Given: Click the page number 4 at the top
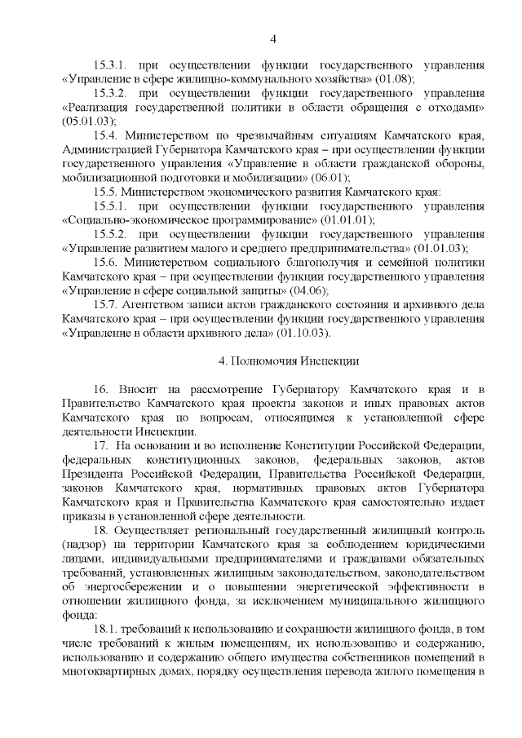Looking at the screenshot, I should pos(274,38).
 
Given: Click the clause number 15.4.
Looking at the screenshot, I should pos(107,135).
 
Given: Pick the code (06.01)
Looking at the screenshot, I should pos(328,177).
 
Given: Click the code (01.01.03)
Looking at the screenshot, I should pos(440,248).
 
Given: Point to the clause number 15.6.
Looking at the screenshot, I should pos(107,262).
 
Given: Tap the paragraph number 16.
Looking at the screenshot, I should pos(101,389).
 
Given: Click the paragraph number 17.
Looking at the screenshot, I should pos(101,445).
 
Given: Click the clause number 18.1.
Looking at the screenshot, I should pos(108,630).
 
